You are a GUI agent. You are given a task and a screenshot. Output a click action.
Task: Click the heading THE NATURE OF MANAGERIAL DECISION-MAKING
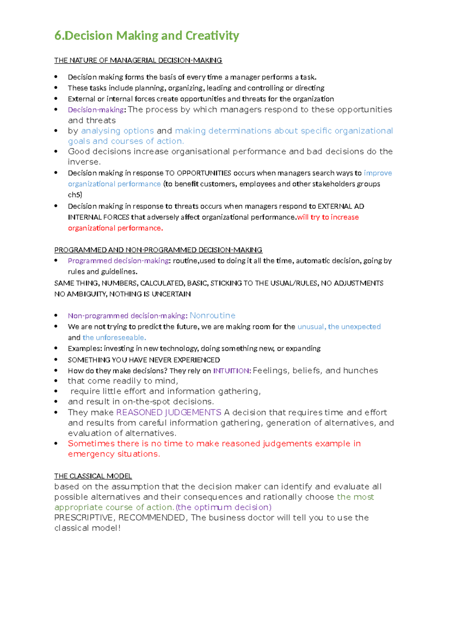pos(138,60)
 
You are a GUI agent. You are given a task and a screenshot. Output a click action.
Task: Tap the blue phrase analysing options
pos(117,131)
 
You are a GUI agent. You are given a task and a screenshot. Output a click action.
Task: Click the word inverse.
pos(84,162)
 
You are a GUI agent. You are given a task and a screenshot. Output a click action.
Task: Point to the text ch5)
pos(75,195)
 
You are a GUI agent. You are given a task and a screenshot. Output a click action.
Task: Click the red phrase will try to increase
pos(328,217)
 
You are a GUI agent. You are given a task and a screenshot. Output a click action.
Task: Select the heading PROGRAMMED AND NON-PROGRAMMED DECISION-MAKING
pos(158,250)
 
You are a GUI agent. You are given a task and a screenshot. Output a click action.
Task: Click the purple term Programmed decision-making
pos(118,261)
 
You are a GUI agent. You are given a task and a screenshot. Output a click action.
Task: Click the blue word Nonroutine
pos(212,315)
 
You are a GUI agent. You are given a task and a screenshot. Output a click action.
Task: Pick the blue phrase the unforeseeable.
pos(114,337)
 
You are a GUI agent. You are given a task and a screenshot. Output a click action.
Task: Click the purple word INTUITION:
pos(232,371)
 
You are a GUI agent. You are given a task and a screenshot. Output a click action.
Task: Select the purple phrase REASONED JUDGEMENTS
pos(168,412)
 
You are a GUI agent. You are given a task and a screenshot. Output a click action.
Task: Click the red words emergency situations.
pos(114,454)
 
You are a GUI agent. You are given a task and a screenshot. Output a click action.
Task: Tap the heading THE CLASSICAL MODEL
pos(93,476)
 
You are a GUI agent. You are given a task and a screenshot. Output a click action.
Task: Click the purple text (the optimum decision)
pos(223,507)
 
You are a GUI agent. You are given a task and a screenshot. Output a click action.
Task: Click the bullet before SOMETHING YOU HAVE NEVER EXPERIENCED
pos(56,360)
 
